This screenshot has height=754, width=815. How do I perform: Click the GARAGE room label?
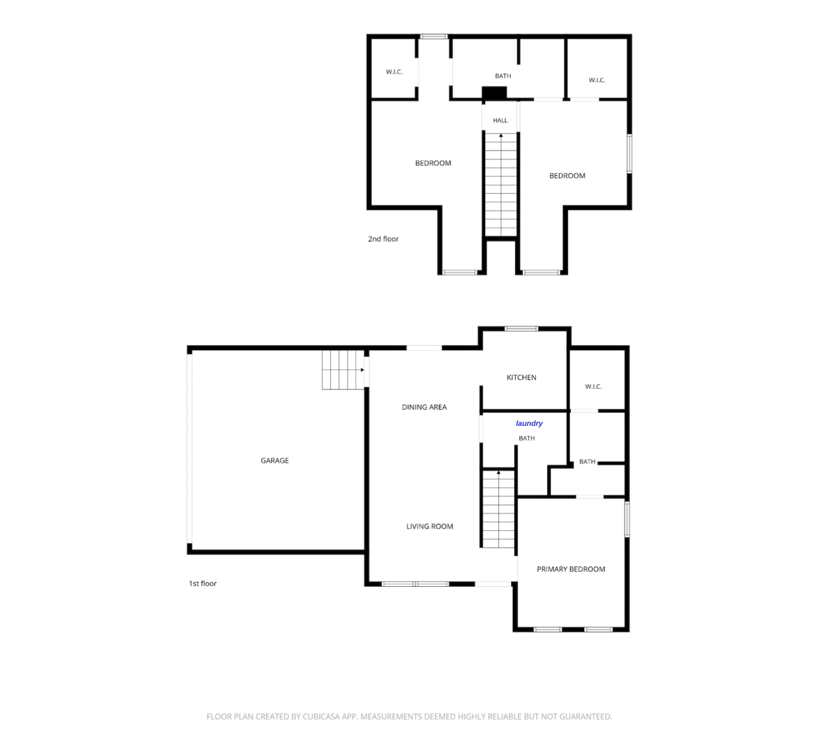pos(274,461)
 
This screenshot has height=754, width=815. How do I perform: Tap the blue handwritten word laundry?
pos(529,423)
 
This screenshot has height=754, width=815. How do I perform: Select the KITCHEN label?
pos(521,377)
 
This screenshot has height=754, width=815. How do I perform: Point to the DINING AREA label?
pos(424,407)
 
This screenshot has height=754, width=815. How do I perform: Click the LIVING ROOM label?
pos(430,526)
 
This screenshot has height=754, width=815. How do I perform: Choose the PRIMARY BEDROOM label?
pos(571,569)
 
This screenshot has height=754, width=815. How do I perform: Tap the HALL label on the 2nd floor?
pos(500,120)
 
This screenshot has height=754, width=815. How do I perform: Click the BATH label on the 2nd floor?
pos(503,76)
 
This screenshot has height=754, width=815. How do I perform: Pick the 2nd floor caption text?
pos(383,239)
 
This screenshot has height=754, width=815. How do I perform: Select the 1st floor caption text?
pos(202,583)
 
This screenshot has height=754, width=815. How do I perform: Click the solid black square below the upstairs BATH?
pos(494,93)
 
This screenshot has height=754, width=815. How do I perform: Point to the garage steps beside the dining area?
pos(343,370)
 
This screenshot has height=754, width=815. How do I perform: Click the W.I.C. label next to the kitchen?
pos(593,387)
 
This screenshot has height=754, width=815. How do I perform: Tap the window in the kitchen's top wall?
pos(521,328)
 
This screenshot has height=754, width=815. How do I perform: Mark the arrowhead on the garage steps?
pos(362,370)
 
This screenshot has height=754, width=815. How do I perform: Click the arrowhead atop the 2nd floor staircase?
pos(500,135)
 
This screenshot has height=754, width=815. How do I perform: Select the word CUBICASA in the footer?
pos(322,717)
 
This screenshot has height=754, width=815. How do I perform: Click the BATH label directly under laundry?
pos(526,438)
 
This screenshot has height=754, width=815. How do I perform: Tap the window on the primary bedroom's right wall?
pos(627,519)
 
